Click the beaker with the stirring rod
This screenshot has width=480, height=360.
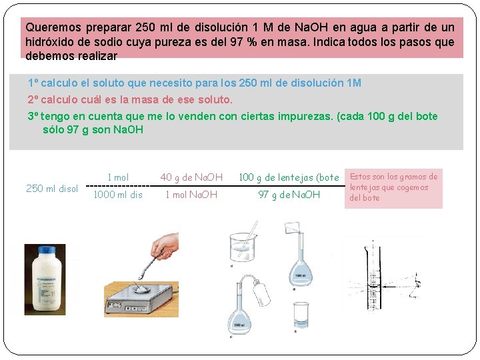coord(244,246)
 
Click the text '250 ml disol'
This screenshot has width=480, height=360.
coord(52,189)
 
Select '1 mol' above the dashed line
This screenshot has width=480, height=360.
coord(118,177)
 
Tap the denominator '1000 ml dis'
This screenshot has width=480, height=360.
coord(118,195)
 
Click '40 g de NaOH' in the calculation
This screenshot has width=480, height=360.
coord(191,177)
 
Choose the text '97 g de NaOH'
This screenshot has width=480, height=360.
coord(289,195)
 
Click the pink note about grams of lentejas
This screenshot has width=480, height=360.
coord(393,187)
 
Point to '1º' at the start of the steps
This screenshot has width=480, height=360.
coord(33,83)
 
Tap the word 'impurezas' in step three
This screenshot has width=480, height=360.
coord(306,117)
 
